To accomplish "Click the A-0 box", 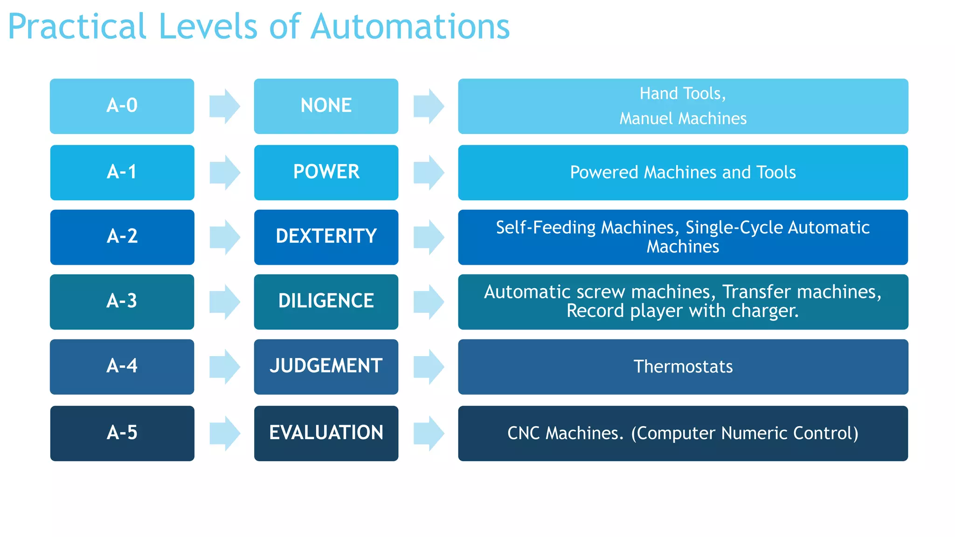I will pyautogui.click(x=122, y=106).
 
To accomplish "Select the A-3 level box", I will pyautogui.click(x=122, y=301).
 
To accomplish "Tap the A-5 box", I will pyautogui.click(x=122, y=433).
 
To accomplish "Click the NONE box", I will pyautogui.click(x=326, y=106).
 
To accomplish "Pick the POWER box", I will pyautogui.click(x=326, y=172).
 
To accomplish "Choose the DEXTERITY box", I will pyautogui.click(x=326, y=237).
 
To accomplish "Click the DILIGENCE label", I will pyautogui.click(x=326, y=301).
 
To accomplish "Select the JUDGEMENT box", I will pyautogui.click(x=326, y=366).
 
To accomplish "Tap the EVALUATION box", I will pyautogui.click(x=326, y=433).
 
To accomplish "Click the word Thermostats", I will pyautogui.click(x=683, y=367).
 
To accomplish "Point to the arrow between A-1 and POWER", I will pyautogui.click(x=225, y=172).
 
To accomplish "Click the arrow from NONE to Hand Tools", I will pyautogui.click(x=429, y=106).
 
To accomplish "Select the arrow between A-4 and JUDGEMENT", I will pyautogui.click(x=225, y=367).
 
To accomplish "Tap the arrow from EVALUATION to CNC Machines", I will pyautogui.click(x=429, y=434).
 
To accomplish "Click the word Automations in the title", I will pyautogui.click(x=410, y=27).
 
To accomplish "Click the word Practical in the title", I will pyautogui.click(x=77, y=27).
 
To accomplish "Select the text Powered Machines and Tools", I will pyautogui.click(x=683, y=172).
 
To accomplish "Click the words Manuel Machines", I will pyautogui.click(x=683, y=118).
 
